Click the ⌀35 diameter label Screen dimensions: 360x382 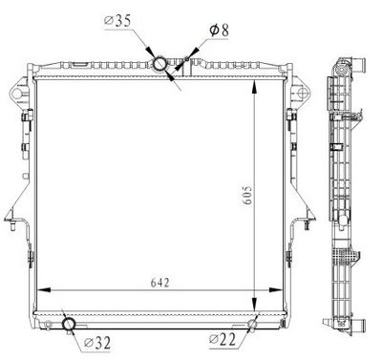click(118, 19)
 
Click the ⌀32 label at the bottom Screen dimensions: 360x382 click(100, 342)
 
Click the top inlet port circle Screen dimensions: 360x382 click(160, 64)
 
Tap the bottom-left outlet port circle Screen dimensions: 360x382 click(70, 326)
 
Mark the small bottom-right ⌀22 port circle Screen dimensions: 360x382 click(253, 324)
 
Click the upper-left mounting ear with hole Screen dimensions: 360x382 click(17, 94)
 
